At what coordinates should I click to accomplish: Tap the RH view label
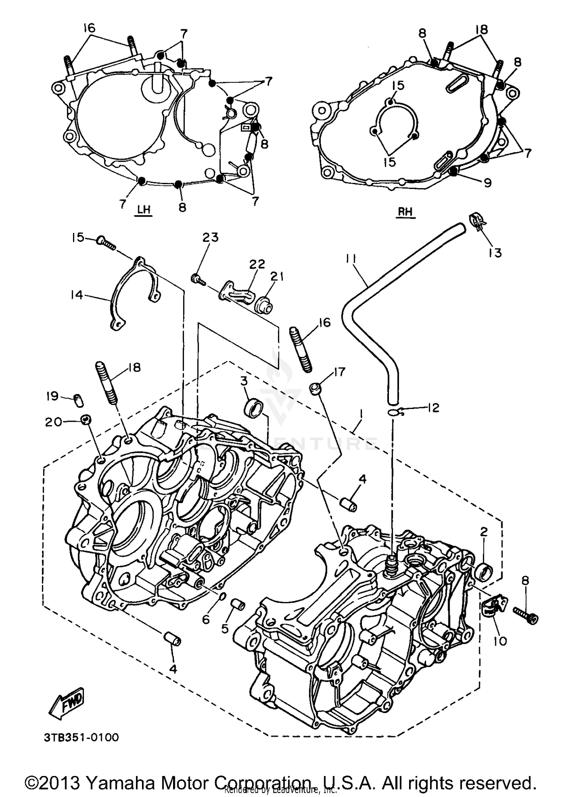pos(405,212)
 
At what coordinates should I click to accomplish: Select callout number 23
pos(211,237)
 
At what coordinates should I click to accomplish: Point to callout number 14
pos(76,295)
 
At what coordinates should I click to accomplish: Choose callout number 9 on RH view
pos(487,183)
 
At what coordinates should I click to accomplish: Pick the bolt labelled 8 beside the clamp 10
pos(526,617)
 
